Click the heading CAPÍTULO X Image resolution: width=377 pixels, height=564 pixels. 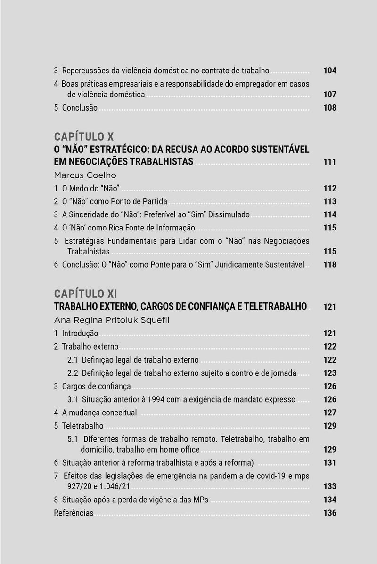tap(84, 137)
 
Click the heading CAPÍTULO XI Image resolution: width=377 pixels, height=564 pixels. tap(85, 294)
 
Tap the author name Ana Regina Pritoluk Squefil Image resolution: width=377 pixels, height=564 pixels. tap(111, 320)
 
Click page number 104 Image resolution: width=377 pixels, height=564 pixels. tap(329, 71)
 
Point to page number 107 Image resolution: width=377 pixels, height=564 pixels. tap(329, 95)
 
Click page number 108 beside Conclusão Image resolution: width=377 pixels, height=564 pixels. tap(329, 108)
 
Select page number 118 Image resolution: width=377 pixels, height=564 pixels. tap(329, 265)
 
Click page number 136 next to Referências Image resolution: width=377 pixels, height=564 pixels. tap(329, 513)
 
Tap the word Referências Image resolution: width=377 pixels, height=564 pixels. tap(74, 513)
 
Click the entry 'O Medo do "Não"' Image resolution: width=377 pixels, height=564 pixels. tap(90, 189)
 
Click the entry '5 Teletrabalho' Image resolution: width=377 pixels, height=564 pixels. tap(79, 426)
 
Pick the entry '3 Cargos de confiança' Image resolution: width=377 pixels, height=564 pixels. tap(92, 387)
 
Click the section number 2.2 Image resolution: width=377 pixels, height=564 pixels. tap(73, 373)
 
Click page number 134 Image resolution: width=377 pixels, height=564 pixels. tap(329, 500)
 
